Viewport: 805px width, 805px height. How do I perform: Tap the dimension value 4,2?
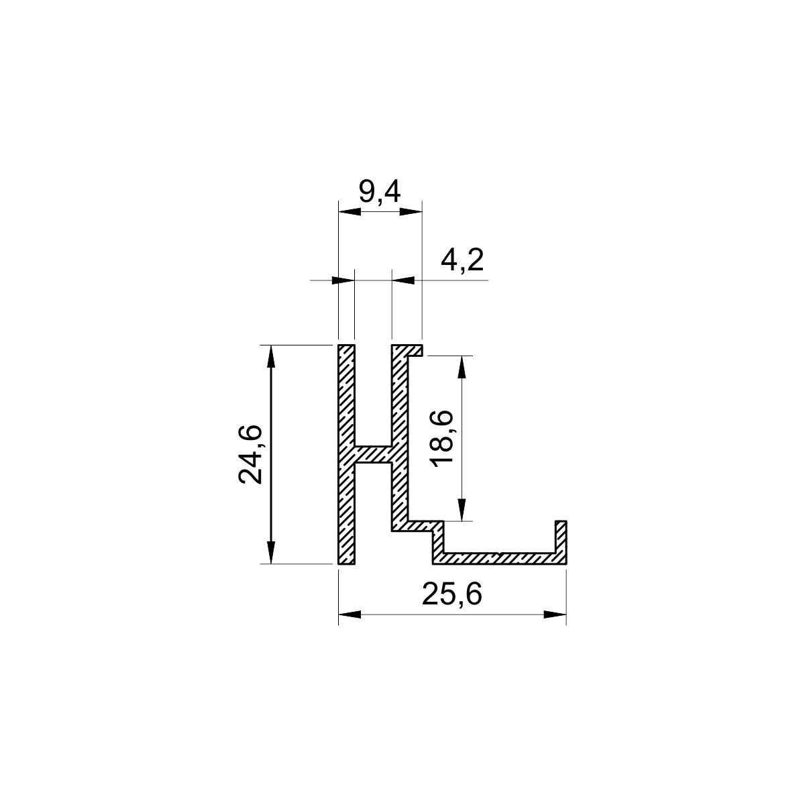tap(462, 261)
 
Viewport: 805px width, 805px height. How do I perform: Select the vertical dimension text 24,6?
tap(250, 454)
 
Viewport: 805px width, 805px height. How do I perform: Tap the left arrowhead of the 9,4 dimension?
tap(350, 212)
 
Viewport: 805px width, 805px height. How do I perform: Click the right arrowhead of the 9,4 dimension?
tap(411, 212)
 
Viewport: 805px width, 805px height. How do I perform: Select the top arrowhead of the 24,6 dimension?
tap(271, 356)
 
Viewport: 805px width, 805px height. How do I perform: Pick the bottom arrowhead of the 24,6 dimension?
tap(271, 552)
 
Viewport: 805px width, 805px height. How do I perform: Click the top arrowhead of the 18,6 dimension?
tap(462, 367)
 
